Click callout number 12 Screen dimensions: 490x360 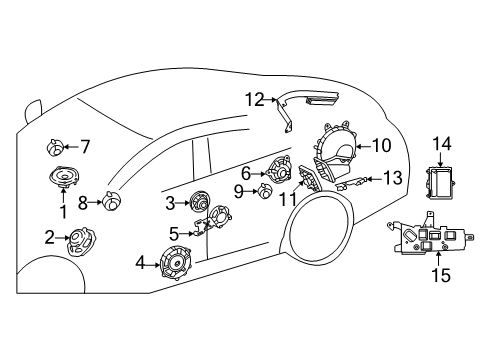(255, 100)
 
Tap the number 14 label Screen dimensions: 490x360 (442, 144)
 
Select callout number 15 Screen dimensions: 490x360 (441, 275)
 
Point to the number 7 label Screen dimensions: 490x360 (85, 147)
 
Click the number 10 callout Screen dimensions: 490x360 (381, 146)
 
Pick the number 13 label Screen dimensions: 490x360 (393, 178)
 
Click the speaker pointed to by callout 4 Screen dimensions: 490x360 (175, 263)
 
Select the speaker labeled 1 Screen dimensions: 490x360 (65, 177)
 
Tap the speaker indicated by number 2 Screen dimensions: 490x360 (82, 242)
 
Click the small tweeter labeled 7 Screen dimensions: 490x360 (55, 148)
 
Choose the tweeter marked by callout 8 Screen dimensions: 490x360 (111, 200)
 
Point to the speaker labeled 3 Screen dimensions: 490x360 (200, 201)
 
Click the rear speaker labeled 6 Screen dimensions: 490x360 (279, 170)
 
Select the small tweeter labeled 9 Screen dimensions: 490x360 (265, 191)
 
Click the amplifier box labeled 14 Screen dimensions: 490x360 (440, 183)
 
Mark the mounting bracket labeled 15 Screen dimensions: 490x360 (430, 237)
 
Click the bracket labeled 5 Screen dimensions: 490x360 (203, 228)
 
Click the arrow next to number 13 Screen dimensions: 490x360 (374, 179)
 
